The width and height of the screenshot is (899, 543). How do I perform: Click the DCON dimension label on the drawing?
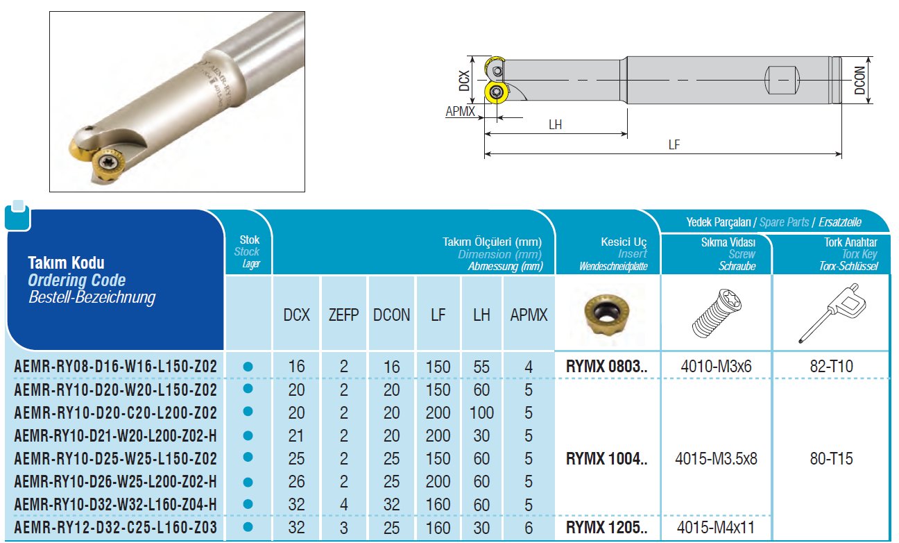coord(859,81)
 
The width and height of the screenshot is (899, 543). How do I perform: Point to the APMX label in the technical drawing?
coord(460,111)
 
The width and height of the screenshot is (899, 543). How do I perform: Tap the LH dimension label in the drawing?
coord(555,124)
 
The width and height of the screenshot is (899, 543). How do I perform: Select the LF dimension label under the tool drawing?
coord(674,144)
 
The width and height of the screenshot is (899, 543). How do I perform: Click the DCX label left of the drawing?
coord(464,81)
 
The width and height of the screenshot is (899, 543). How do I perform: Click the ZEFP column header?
coord(343,315)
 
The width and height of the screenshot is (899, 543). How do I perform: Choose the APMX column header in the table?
coord(529,315)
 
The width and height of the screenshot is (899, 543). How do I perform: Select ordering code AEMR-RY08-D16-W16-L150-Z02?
coord(116,367)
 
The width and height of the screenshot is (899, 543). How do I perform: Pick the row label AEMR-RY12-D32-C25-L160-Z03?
coord(116,527)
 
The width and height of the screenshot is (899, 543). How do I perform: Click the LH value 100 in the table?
coord(481,413)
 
